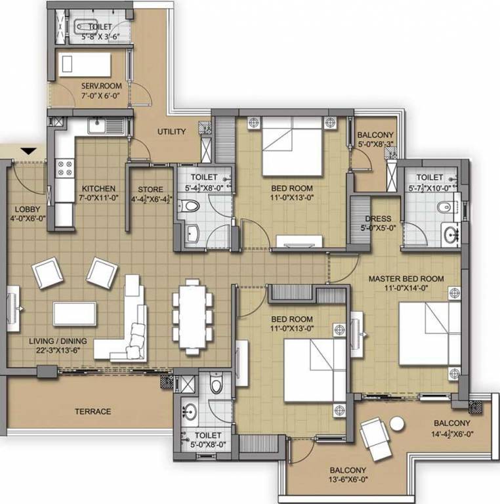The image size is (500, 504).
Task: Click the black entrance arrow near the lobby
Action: (x=29, y=151)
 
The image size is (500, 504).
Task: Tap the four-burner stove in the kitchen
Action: (x=64, y=169)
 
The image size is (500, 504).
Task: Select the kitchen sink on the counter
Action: (x=106, y=125)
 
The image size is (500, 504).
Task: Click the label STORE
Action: (x=150, y=189)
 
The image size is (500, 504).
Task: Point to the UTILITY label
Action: (x=171, y=131)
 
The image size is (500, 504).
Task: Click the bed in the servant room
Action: (x=85, y=64)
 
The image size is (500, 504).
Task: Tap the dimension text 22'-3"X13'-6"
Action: (x=58, y=350)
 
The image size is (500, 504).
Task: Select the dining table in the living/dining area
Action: (x=192, y=316)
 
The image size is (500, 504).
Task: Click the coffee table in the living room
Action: (x=75, y=314)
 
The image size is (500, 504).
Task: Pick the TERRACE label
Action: (x=93, y=411)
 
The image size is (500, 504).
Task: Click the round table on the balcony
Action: (x=397, y=424)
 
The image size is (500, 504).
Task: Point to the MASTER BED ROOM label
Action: (x=406, y=279)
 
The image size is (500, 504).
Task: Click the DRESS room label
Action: (x=378, y=219)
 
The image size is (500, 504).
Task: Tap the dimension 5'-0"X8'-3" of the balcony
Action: (x=375, y=144)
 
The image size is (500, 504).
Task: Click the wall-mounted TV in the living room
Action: (x=14, y=308)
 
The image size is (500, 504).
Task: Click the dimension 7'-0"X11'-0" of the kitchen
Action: (x=98, y=198)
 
